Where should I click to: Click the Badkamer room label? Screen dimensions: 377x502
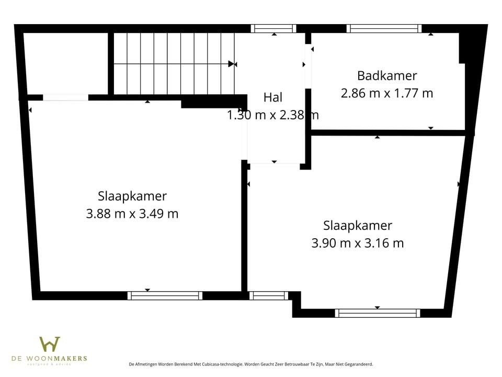tap(387, 76)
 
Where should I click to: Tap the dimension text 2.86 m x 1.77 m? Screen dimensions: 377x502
tap(387, 94)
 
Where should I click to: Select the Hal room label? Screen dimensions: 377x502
tap(273, 97)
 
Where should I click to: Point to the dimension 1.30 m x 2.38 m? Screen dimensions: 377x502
tap(273, 115)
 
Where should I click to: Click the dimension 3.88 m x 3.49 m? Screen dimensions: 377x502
tap(132, 214)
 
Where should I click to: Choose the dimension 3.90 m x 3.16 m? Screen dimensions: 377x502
tap(358, 243)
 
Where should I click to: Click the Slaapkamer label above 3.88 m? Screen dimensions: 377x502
tap(132, 196)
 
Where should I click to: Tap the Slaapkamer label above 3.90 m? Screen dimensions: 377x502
tap(358, 226)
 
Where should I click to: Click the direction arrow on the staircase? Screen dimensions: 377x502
tap(232, 64)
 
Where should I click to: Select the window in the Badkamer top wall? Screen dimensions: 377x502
tap(384, 29)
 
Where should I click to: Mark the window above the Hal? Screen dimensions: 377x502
tap(273, 29)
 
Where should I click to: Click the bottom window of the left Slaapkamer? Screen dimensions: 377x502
tap(165, 295)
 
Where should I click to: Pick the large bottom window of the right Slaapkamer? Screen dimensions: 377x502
tap(377, 313)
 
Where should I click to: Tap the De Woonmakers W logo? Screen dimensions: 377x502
tap(50, 345)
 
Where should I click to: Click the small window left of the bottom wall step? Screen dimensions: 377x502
tap(268, 295)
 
